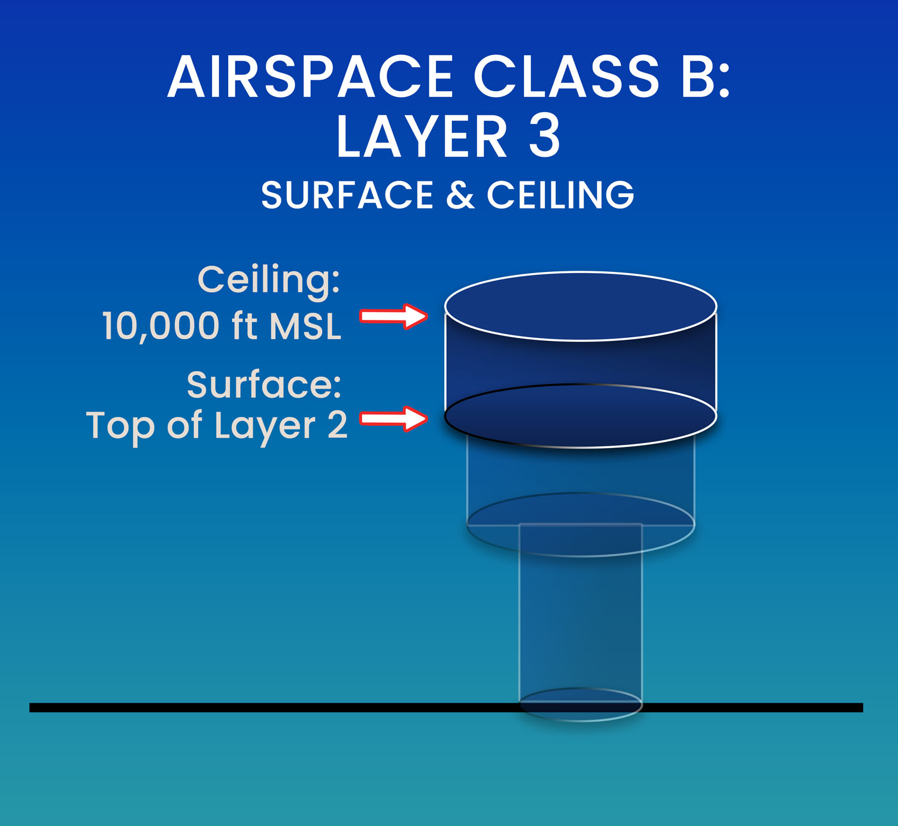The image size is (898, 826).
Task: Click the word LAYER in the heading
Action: pyautogui.click(x=422, y=136)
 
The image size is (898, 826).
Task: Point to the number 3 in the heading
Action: pyautogui.click(x=544, y=136)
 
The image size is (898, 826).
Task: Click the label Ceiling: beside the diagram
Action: pyautogui.click(x=269, y=280)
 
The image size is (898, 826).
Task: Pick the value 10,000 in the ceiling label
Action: pyautogui.click(x=161, y=326)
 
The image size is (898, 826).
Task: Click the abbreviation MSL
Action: pyautogui.click(x=305, y=326)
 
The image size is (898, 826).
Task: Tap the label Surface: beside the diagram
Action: pyautogui.click(x=264, y=385)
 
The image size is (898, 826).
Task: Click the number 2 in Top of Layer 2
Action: pyautogui.click(x=338, y=425)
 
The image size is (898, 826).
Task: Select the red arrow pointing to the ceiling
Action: pyautogui.click(x=393, y=316)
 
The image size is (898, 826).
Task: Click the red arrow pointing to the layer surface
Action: pyautogui.click(x=393, y=419)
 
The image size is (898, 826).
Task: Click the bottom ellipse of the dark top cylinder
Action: pyautogui.click(x=581, y=447)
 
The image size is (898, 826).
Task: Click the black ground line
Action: pyautogui.click(x=447, y=707)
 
